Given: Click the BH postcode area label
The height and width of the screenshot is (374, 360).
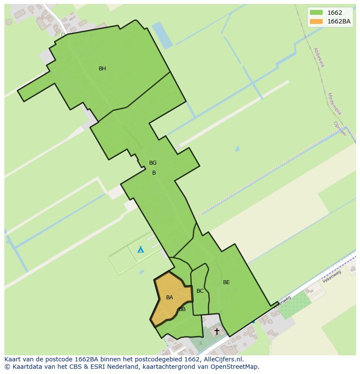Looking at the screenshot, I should tap(102, 69).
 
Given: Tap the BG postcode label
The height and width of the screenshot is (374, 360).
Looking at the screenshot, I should tap(153, 163).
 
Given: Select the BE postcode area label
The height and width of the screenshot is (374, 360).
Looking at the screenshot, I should tap(226, 282).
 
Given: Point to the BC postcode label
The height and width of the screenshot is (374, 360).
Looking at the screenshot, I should tap(200, 291).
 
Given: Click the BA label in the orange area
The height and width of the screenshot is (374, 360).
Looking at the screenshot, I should tap(170, 298).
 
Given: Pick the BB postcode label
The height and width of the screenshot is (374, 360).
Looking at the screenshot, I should tap(182, 309).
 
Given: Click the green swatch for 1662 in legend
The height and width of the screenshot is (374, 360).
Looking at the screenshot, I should tap(316, 13).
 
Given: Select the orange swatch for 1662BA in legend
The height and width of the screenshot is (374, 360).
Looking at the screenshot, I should tap(316, 21).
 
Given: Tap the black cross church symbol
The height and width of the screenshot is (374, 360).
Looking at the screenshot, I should tap(217, 331).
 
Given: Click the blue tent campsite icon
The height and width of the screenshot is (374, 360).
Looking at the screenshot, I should tap(140, 249).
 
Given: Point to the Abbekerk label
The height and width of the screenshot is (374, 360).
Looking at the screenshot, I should tap(319, 57).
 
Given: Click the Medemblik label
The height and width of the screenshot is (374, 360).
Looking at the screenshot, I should tap(335, 104).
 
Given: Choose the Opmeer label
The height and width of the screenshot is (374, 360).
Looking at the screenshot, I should tap(340, 129).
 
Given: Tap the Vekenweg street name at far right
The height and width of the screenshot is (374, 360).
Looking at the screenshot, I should tap(332, 277).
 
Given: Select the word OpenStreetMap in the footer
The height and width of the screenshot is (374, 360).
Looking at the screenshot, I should tap(233, 367).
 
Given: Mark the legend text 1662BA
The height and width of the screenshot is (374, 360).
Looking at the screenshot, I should tap(339, 21).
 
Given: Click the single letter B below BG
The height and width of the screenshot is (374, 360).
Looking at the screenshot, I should tap(154, 173).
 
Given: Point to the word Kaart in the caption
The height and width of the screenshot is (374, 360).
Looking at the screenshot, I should tap(13, 359).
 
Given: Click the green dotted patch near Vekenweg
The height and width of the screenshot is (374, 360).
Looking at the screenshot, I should tap(295, 304).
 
